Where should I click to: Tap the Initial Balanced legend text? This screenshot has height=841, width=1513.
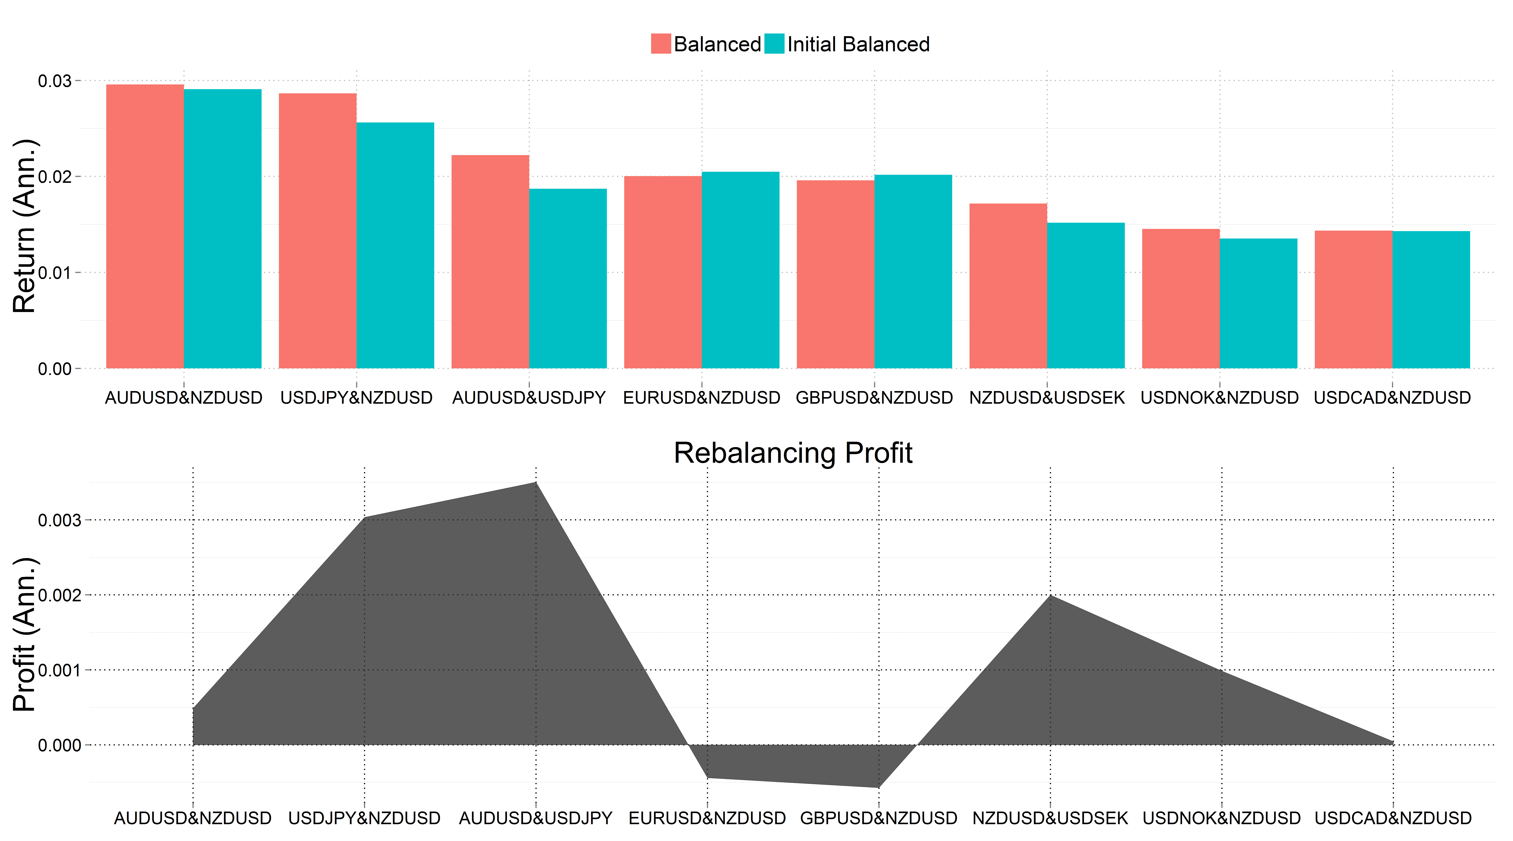pos(858,44)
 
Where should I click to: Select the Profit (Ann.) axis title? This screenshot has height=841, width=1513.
pos(25,635)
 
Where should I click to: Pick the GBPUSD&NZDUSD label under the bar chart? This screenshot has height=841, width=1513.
pos(874,398)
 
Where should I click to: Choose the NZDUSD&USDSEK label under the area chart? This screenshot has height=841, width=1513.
pos(1050,818)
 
